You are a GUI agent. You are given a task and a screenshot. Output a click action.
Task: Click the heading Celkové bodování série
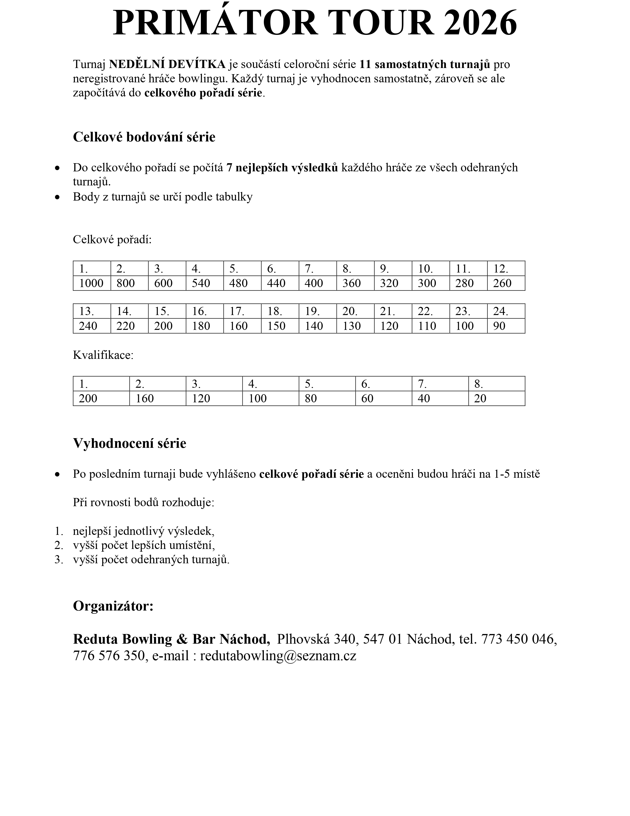coord(144,137)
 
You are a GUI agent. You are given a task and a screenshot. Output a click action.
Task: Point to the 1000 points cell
coord(91,283)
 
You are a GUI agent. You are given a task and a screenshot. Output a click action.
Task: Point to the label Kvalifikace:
coord(103,355)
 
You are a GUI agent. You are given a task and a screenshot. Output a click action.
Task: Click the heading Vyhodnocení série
coord(129,444)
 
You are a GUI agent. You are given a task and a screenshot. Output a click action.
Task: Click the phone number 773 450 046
coord(519,639)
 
